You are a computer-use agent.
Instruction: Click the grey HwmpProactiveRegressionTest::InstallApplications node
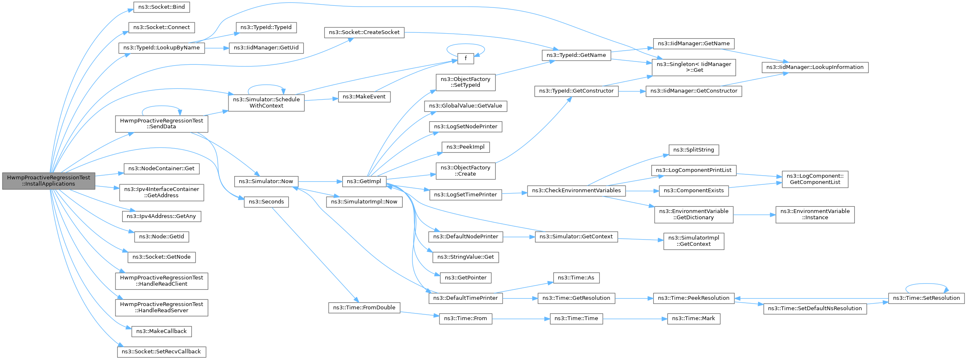[x=49, y=181]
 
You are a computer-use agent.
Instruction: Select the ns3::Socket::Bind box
[x=162, y=7]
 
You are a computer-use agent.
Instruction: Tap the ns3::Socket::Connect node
[x=162, y=27]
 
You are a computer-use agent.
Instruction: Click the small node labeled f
[x=466, y=59]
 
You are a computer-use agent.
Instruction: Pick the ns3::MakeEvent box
[x=364, y=97]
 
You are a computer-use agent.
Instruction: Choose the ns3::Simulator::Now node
[x=266, y=181]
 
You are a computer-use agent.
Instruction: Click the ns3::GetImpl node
[x=364, y=181]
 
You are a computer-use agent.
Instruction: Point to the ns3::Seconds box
[x=266, y=202]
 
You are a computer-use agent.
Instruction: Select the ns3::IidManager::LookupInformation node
[x=815, y=67]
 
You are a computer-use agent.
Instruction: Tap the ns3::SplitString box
[x=694, y=150]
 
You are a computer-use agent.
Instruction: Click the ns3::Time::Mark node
[x=694, y=319]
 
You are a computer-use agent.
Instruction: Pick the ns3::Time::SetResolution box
[x=926, y=298]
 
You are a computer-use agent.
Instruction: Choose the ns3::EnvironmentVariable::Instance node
[x=815, y=215]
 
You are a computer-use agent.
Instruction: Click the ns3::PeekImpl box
[x=466, y=147]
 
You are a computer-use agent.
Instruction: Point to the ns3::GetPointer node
[x=466, y=278]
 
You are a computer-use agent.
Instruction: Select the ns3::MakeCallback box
[x=162, y=331]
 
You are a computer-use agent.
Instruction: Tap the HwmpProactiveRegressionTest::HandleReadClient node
[x=162, y=281]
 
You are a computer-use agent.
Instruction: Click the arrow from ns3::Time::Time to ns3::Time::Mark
[x=635, y=319]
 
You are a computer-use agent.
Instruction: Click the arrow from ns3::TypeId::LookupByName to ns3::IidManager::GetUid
[x=217, y=48]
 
